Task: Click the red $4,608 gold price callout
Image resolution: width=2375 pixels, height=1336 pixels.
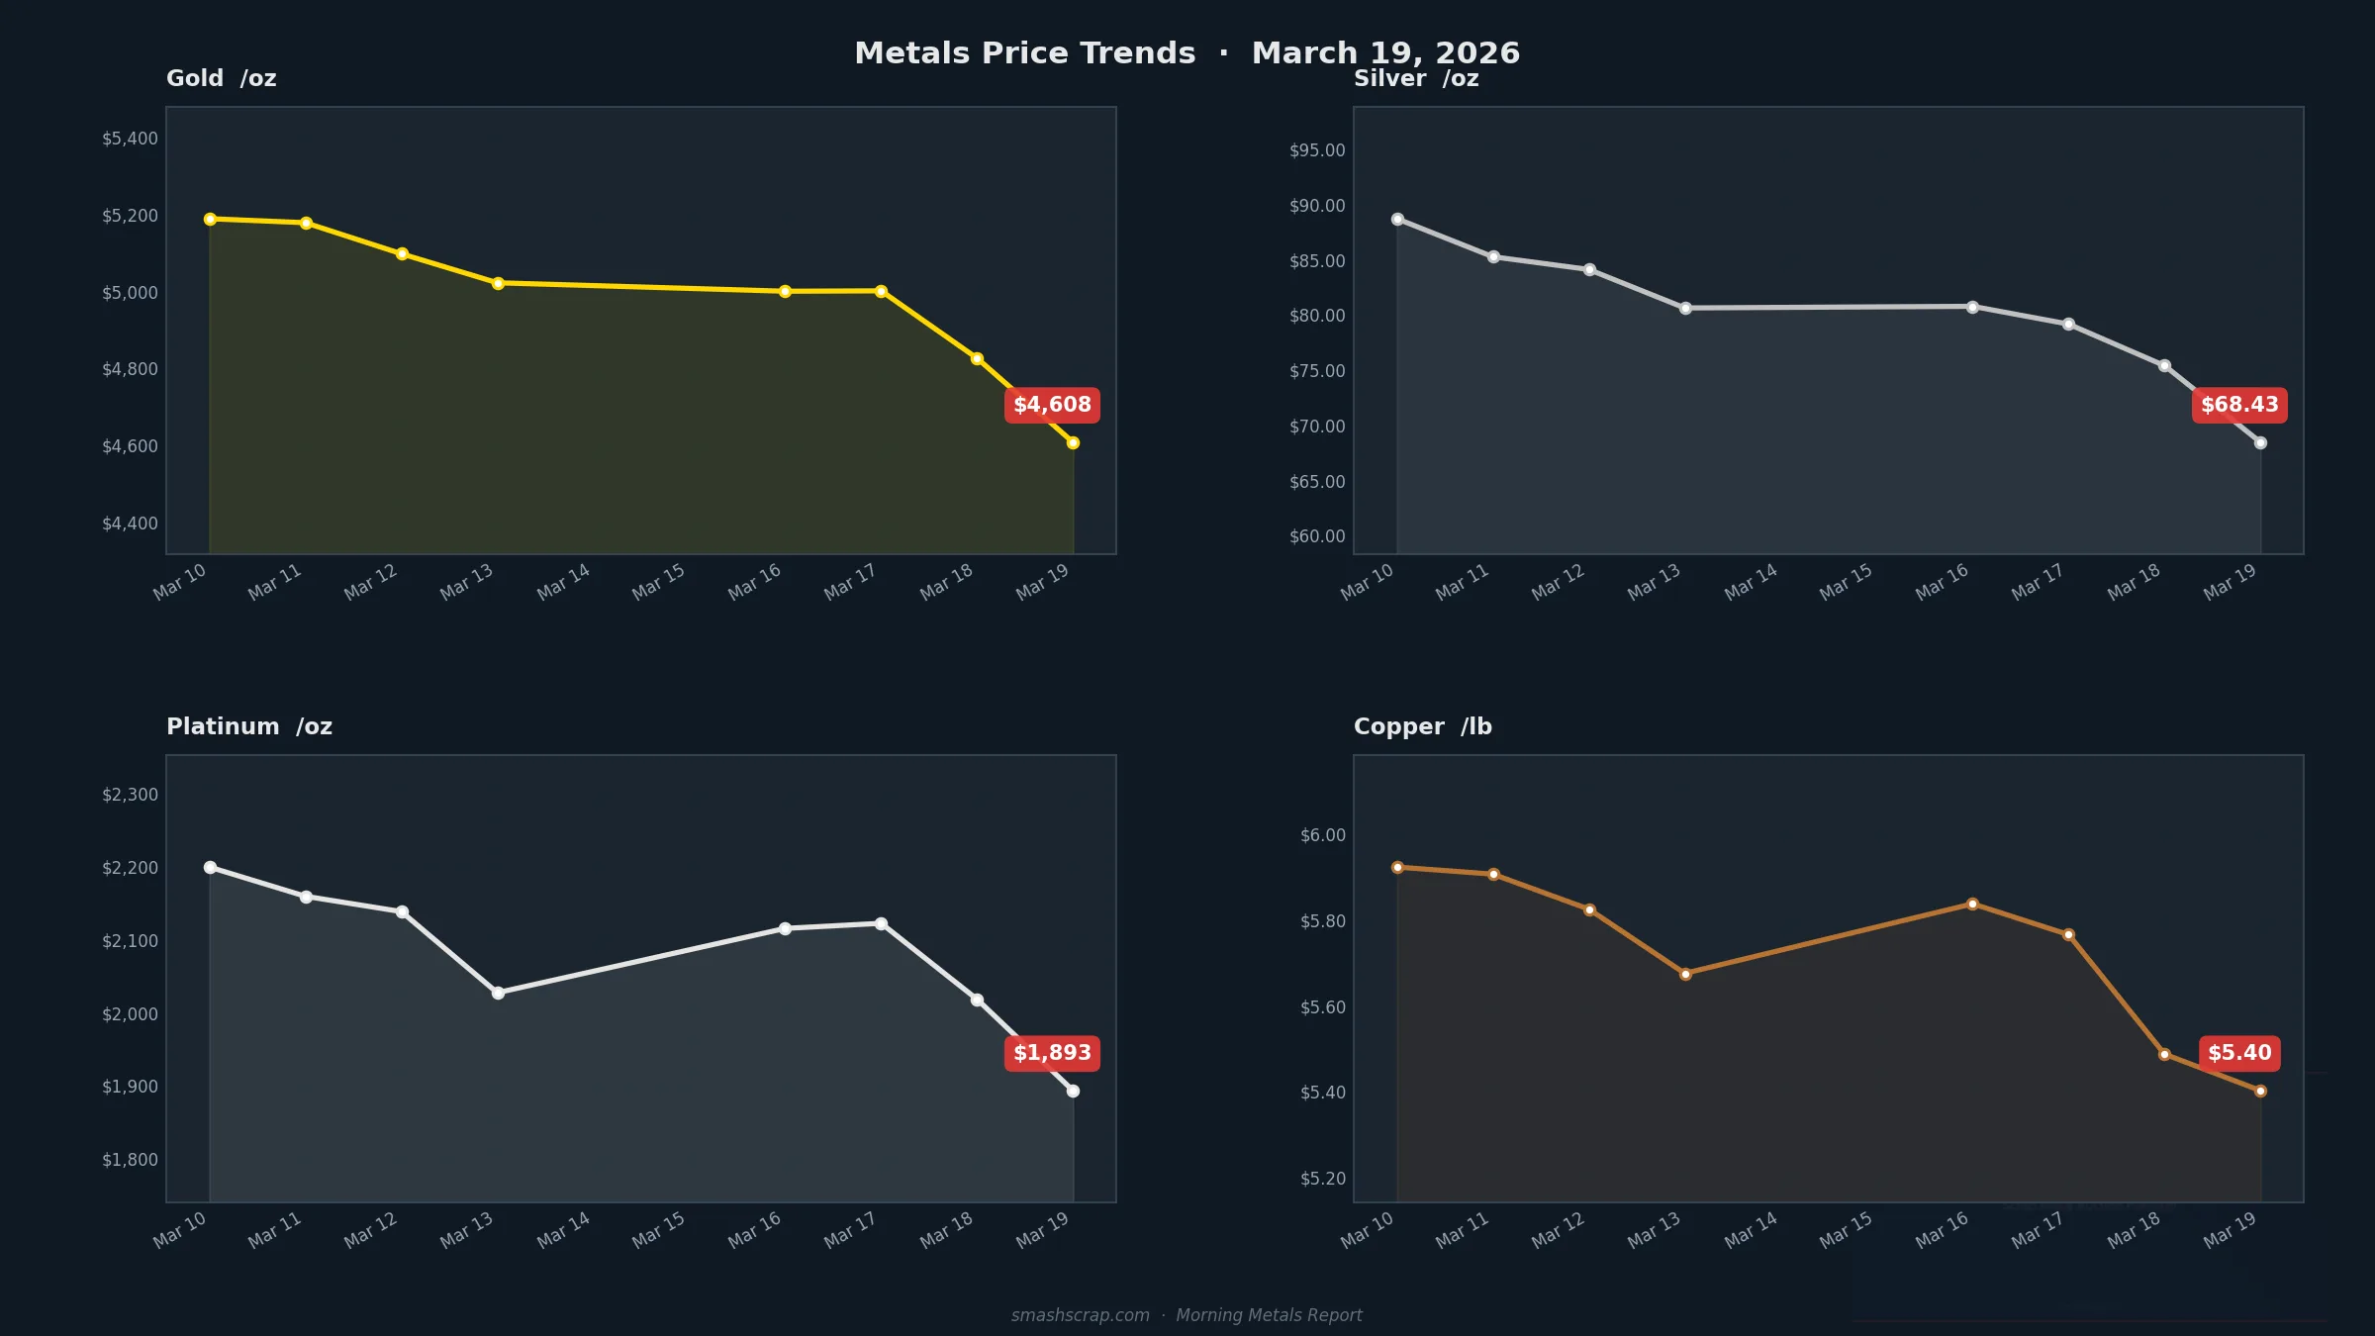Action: [x=1052, y=405]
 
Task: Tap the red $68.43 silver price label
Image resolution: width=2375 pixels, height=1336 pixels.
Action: [x=2239, y=405]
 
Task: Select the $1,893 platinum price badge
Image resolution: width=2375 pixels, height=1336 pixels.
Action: [x=1052, y=1053]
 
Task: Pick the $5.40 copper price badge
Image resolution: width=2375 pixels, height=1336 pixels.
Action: [x=2239, y=1053]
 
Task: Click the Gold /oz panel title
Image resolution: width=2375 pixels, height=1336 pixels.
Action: [x=221, y=78]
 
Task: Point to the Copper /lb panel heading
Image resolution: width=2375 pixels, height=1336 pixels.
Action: [x=1422, y=726]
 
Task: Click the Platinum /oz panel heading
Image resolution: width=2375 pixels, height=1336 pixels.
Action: [x=249, y=726]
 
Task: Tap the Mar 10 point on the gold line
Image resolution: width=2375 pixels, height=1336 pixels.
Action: [x=210, y=219]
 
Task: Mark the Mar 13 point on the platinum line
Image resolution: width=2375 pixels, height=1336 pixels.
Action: [x=498, y=993]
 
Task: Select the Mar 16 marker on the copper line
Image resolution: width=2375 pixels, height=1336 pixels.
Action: [x=1972, y=904]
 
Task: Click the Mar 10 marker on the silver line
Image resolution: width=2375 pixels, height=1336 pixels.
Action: [x=1397, y=219]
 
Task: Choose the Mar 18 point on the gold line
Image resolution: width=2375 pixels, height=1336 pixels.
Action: [x=977, y=358]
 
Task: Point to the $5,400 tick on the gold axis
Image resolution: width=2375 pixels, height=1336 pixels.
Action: [x=130, y=139]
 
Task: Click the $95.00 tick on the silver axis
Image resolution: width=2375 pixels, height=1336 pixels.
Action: [x=1317, y=150]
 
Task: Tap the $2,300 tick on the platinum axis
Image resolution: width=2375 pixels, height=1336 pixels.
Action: [x=130, y=795]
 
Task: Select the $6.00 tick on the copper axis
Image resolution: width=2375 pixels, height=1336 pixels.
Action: [x=1322, y=835]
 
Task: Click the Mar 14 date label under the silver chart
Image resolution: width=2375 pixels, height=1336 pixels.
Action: [x=1751, y=582]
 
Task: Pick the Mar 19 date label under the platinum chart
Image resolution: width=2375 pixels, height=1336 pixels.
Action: [x=1042, y=1230]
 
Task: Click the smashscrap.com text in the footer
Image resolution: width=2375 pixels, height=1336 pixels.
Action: [x=1080, y=1315]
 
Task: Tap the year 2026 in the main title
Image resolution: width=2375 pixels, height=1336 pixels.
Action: [x=1476, y=53]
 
